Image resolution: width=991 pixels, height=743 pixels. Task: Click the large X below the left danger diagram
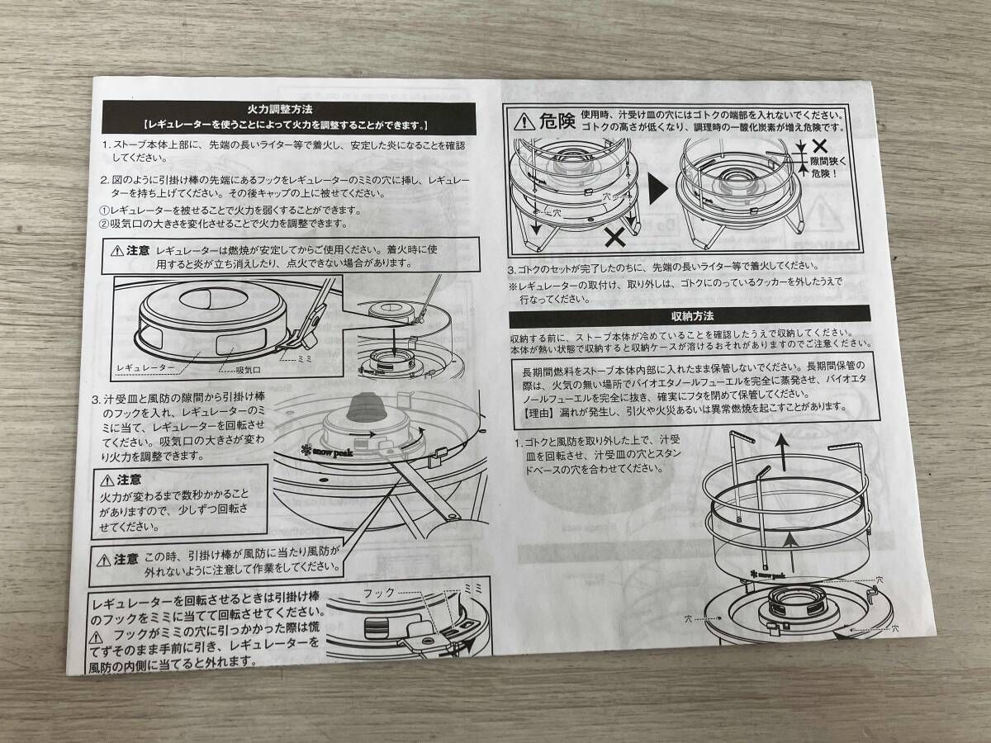(x=614, y=238)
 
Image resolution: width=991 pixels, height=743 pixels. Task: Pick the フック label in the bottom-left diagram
(x=379, y=593)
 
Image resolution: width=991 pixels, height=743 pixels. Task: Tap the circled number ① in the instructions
(x=104, y=210)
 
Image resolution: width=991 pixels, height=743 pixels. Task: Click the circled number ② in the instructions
(x=104, y=224)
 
